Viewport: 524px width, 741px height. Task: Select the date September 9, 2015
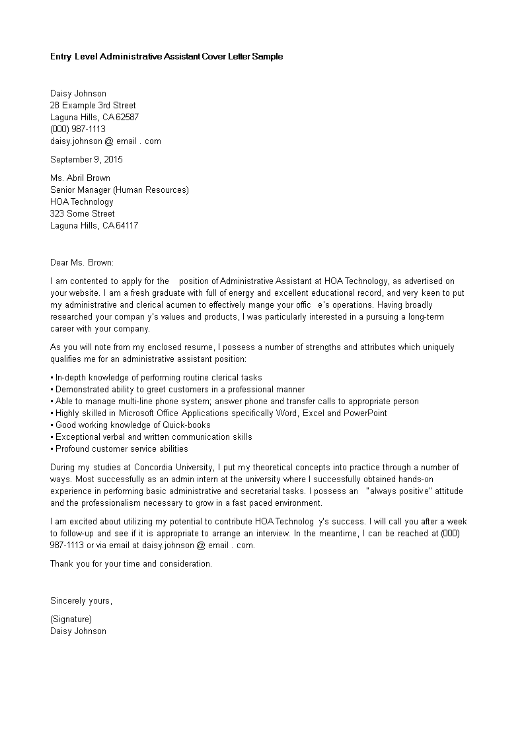(x=87, y=160)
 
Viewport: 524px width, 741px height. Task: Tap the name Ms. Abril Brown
(x=80, y=178)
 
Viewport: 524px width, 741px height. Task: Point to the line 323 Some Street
(x=83, y=214)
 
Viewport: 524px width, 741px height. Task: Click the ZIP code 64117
(x=128, y=226)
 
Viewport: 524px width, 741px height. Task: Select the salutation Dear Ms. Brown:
(x=82, y=263)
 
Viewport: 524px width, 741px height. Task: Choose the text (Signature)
(x=71, y=619)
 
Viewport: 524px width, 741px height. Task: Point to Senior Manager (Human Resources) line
(x=120, y=190)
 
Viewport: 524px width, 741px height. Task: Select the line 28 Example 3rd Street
(x=93, y=106)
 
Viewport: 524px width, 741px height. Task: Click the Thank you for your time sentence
(x=131, y=564)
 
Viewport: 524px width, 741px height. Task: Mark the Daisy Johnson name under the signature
(x=78, y=631)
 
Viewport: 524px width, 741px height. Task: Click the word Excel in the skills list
(x=314, y=413)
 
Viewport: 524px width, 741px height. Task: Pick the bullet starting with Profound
(x=122, y=449)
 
